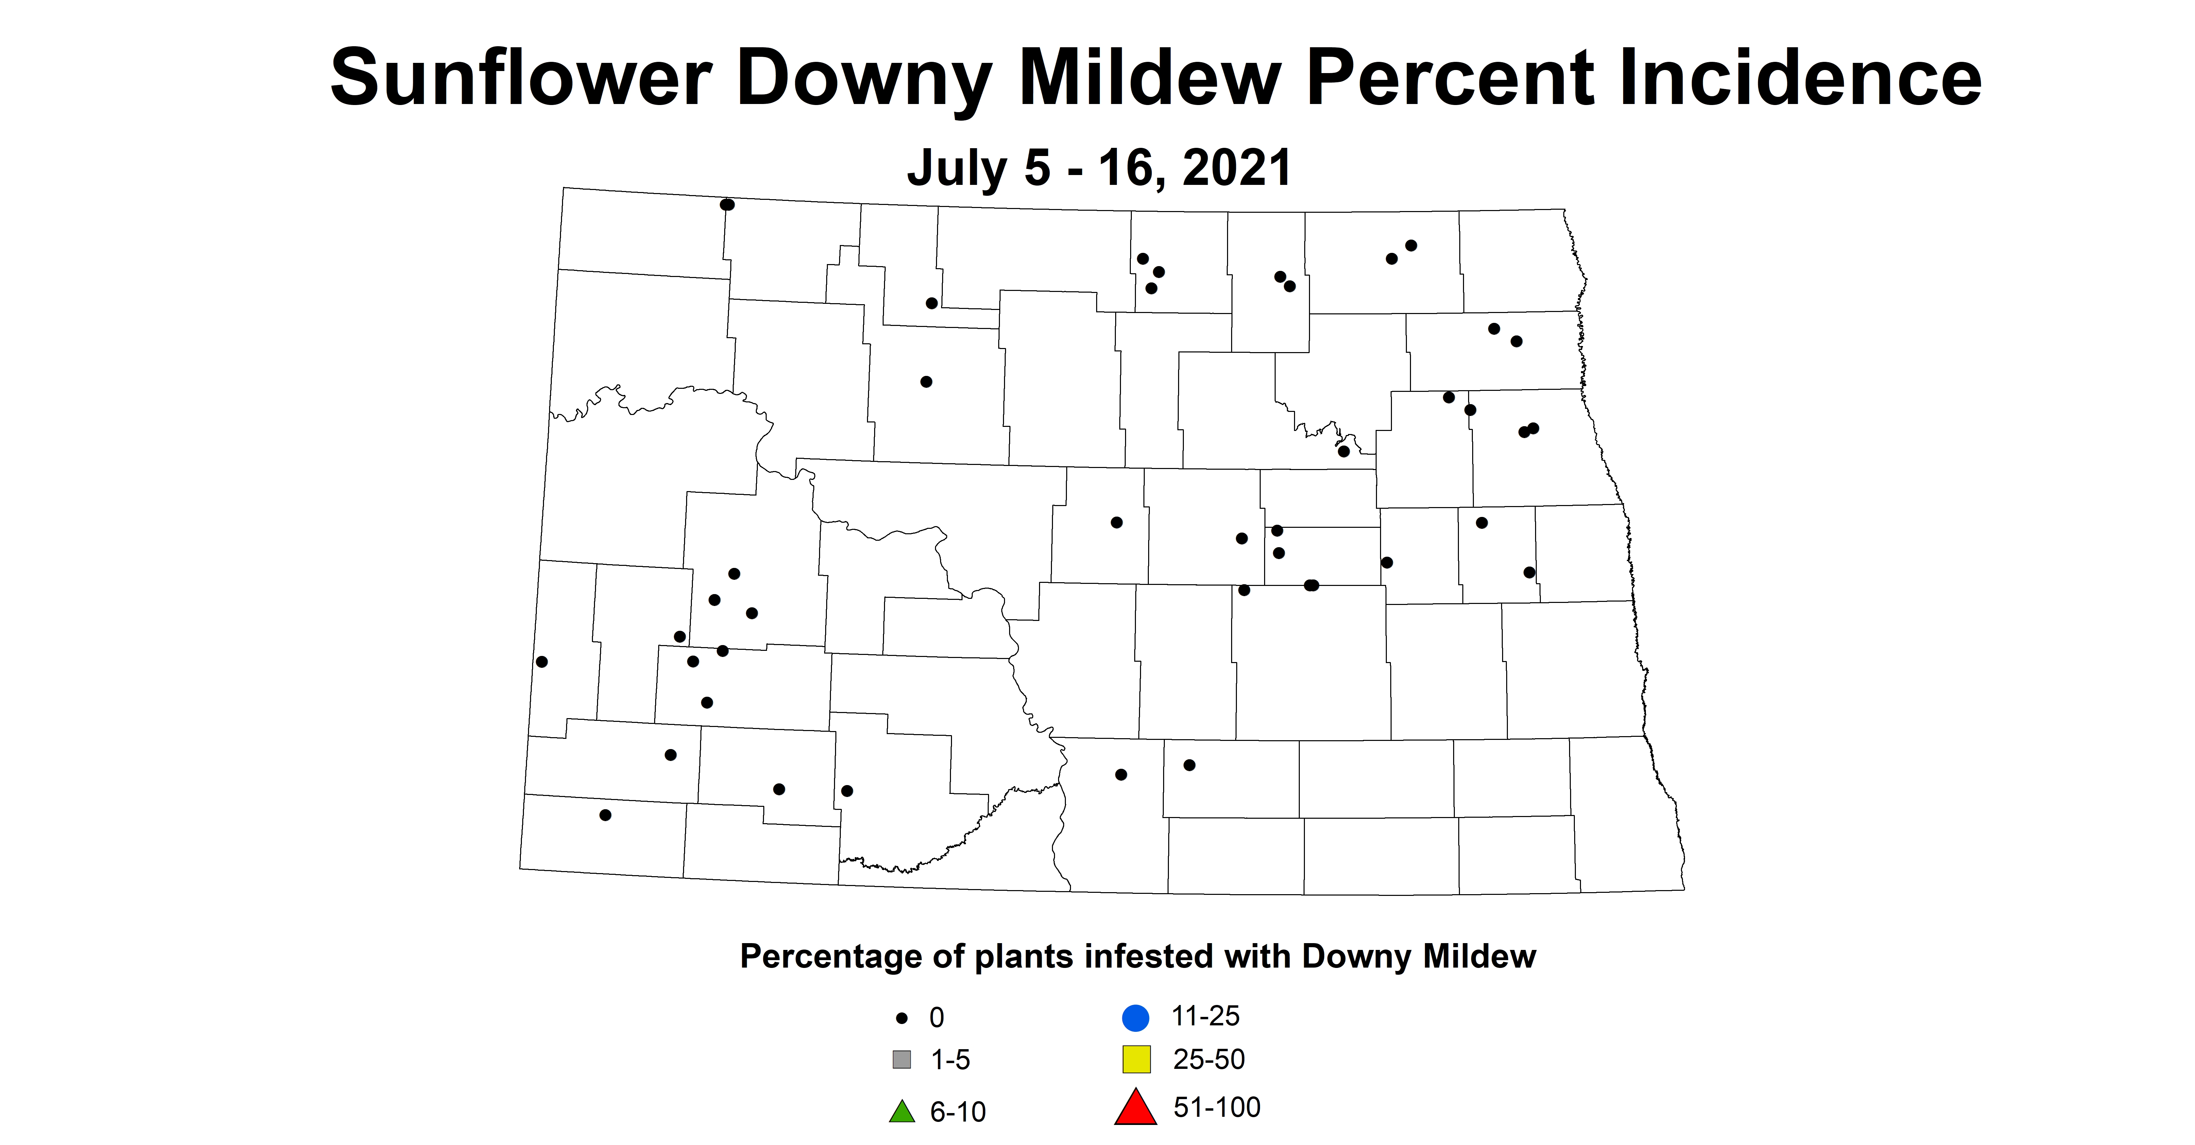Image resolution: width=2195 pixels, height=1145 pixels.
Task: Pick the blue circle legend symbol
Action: coord(1136,1017)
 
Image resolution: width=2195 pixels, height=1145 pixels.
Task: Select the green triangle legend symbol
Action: coord(902,1112)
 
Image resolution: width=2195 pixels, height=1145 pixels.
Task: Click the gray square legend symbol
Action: coord(902,1060)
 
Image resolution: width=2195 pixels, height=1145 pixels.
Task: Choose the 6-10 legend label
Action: coord(958,1112)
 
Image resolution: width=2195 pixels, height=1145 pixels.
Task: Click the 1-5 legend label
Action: coord(950,1060)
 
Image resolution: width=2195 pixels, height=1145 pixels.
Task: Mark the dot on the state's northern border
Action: coord(727,205)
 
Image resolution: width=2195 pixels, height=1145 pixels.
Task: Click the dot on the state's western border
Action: coord(542,662)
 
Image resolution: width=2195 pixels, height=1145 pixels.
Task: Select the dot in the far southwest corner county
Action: coord(605,815)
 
